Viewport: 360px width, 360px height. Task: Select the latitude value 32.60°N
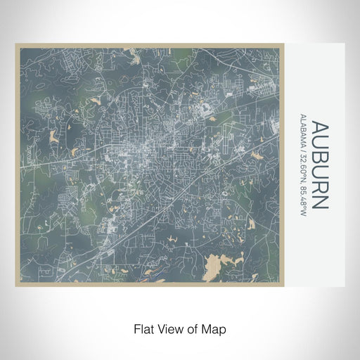pyautogui.click(x=302, y=168)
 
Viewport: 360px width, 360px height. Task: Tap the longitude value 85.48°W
pyautogui.click(x=302, y=200)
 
